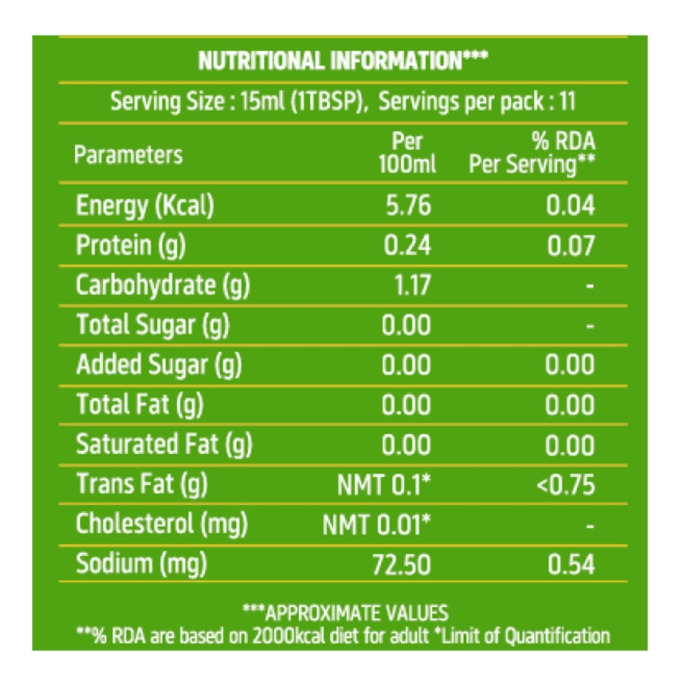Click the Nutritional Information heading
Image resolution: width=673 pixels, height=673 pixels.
pos(343,61)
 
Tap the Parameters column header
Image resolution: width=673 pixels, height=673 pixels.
pos(128,155)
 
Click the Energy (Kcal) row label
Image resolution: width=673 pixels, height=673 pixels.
pos(145,206)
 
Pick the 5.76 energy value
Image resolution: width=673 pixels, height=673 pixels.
pos(408,206)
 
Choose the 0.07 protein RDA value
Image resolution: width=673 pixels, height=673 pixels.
pos(570,246)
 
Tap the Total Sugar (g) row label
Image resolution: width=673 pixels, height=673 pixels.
pos(153,325)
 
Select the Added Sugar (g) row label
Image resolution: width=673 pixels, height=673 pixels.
pos(159,365)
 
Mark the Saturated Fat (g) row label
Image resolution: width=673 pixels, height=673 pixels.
pos(164,445)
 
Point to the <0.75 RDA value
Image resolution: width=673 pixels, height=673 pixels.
pos(565,485)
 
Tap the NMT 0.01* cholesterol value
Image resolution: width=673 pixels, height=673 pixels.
pos(376,525)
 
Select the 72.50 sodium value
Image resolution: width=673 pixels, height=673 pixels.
pos(401,565)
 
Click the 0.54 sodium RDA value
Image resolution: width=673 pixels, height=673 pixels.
pos(570,565)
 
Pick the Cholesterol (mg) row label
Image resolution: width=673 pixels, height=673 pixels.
pos(162,525)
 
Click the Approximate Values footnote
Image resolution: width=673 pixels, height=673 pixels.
pos(345,613)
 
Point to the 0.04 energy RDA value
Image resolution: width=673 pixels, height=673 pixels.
pos(570,206)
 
